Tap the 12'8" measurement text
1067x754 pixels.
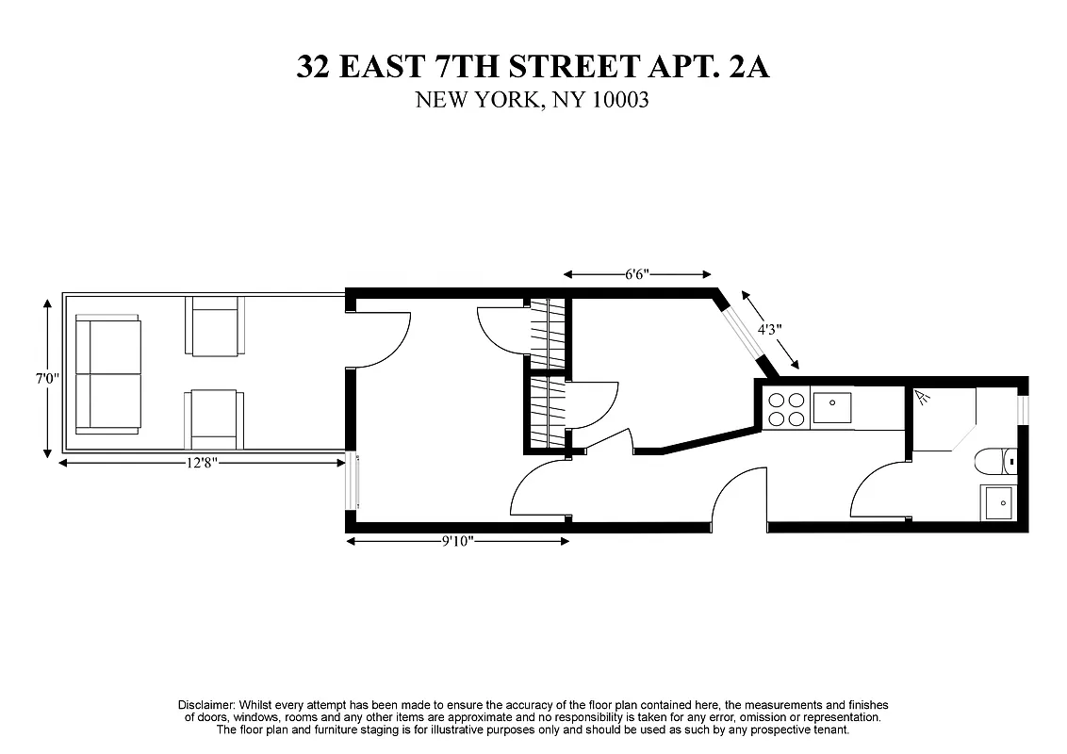(203, 462)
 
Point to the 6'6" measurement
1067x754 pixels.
(637, 275)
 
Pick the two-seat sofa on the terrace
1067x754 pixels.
(107, 374)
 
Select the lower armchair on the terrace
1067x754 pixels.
(215, 420)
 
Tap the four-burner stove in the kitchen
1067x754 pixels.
(786, 408)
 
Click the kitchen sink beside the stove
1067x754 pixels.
(832, 408)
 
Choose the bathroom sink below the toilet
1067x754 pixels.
(997, 502)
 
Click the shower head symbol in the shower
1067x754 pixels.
(922, 400)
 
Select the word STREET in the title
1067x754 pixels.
(555, 67)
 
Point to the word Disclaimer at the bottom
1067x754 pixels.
(206, 705)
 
